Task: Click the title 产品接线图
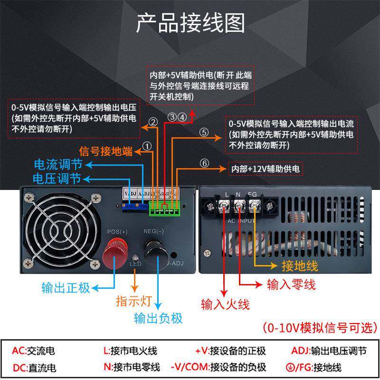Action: tap(190, 23)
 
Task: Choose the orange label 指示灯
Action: tap(133, 301)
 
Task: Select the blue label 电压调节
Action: tap(57, 179)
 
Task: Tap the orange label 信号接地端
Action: tap(105, 152)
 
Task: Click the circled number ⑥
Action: tap(204, 164)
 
